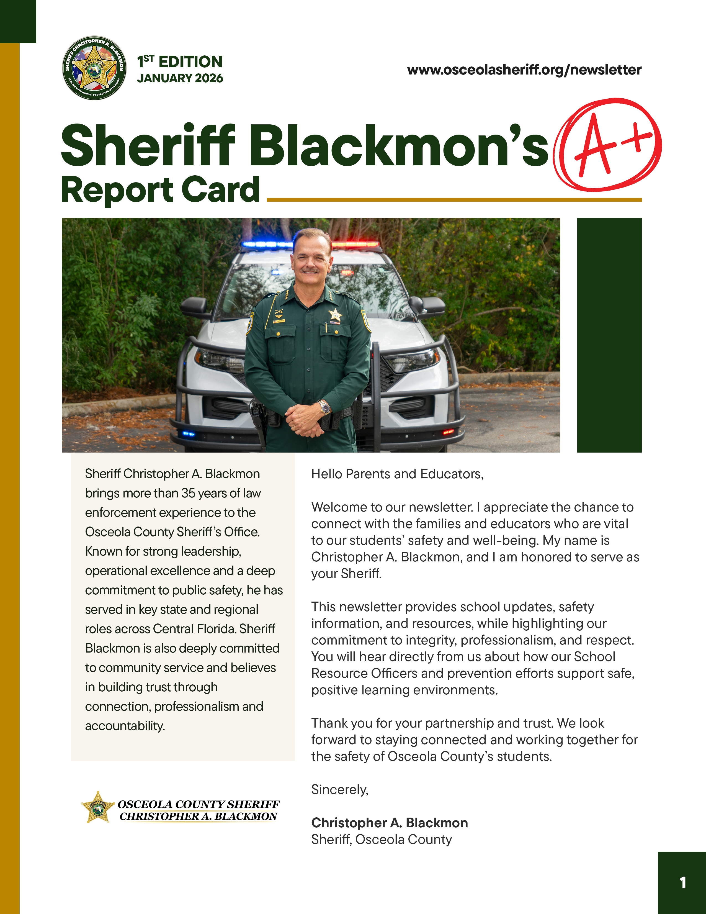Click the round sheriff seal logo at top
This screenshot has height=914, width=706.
(x=94, y=68)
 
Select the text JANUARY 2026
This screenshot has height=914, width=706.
(x=180, y=78)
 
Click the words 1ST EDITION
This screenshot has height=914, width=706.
(x=180, y=61)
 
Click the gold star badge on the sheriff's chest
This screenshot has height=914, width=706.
(x=336, y=315)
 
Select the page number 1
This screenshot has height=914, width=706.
(x=682, y=883)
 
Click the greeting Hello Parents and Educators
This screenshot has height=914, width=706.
(x=397, y=474)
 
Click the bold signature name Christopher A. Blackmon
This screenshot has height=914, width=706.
(x=389, y=823)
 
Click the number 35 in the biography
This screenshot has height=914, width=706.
(x=188, y=493)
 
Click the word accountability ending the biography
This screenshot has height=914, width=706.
(x=125, y=726)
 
